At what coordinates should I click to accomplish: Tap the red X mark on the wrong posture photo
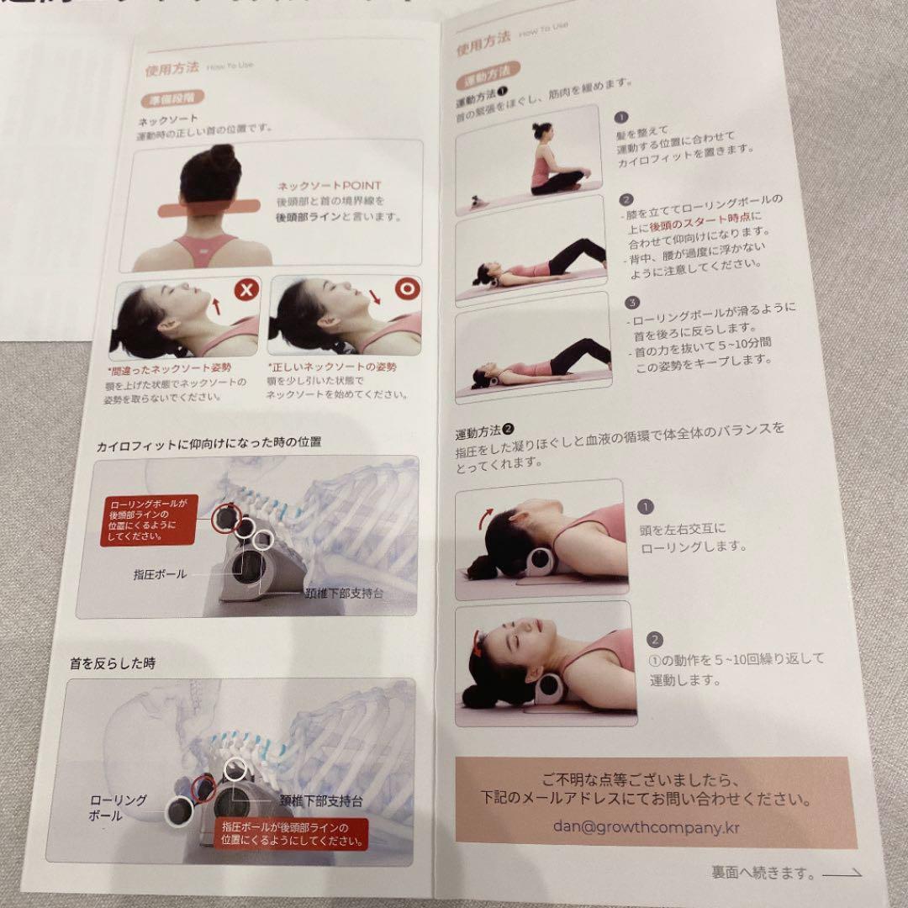click(x=245, y=291)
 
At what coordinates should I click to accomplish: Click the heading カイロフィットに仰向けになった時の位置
click(x=209, y=441)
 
